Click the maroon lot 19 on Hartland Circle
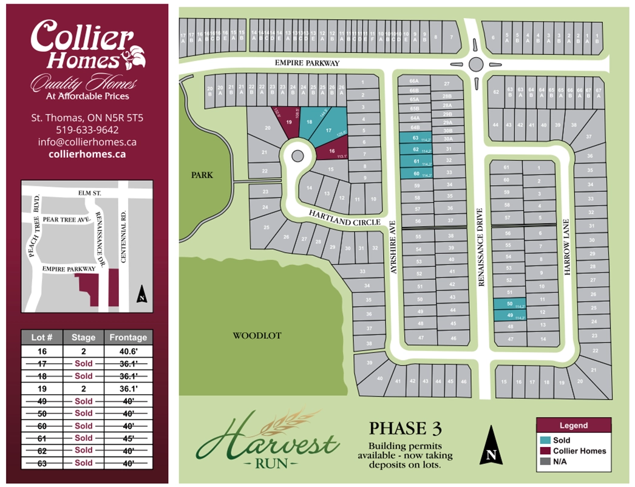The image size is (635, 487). tap(290, 121)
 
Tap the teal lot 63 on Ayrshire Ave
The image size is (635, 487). tap(416, 138)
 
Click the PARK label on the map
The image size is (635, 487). tap(202, 175)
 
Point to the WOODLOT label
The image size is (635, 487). tap(257, 335)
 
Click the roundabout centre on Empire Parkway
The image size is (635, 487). tap(476, 64)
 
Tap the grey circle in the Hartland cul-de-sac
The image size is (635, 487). tap(297, 156)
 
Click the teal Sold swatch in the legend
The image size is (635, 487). tap(545, 440)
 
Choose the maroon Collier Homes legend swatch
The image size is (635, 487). tap(545, 451)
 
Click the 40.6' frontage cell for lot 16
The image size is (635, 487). tap(128, 351)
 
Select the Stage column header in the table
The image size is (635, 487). tap(83, 338)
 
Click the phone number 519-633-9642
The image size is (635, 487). tap(87, 129)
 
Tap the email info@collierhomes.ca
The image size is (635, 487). tap(87, 142)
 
